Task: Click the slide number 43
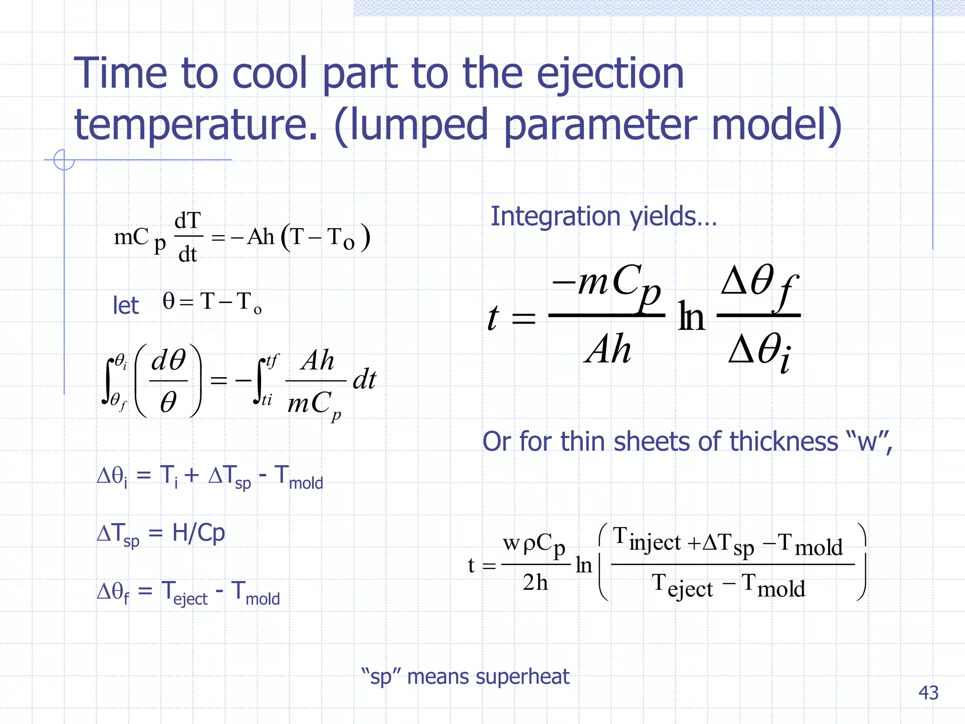[x=928, y=693]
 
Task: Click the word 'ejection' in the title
[x=610, y=74]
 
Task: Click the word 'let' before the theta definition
[x=125, y=305]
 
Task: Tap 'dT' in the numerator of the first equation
[x=188, y=221]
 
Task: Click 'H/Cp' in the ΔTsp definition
[x=198, y=533]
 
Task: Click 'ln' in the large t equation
[x=691, y=317]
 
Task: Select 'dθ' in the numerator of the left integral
[x=168, y=361]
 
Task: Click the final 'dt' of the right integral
[x=364, y=379]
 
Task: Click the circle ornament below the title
[x=64, y=160]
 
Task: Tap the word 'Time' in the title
[x=121, y=74]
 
